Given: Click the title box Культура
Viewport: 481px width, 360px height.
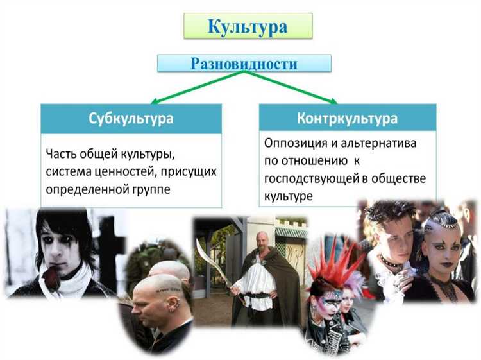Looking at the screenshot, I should (247, 27).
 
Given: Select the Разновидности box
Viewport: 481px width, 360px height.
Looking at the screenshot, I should (244, 63).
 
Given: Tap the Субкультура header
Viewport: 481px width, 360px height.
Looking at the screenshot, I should (131, 119).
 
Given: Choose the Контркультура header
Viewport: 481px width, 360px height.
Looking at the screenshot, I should (347, 119).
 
